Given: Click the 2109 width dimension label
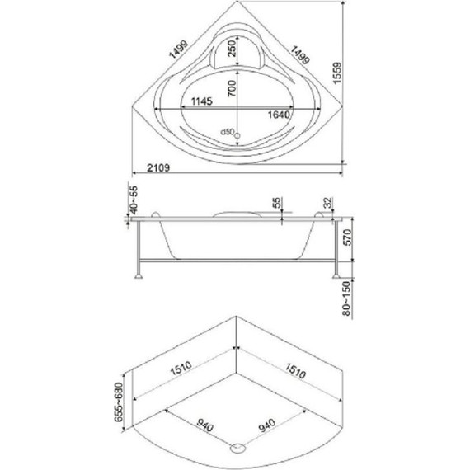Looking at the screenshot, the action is coord(158,167).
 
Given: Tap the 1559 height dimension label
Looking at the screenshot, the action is coord(337,73).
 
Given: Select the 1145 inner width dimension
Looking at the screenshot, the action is coord(202,101).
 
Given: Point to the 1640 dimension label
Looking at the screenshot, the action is coord(279,115).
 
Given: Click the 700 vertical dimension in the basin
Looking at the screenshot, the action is coord(232,88).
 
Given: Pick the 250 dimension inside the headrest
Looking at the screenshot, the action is coord(232,49).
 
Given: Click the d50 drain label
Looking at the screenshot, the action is coord(227,132).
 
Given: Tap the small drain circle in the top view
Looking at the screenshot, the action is coord(237,136).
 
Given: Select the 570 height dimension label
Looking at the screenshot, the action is coord(347,237).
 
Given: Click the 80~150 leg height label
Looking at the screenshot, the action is coord(346,298).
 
